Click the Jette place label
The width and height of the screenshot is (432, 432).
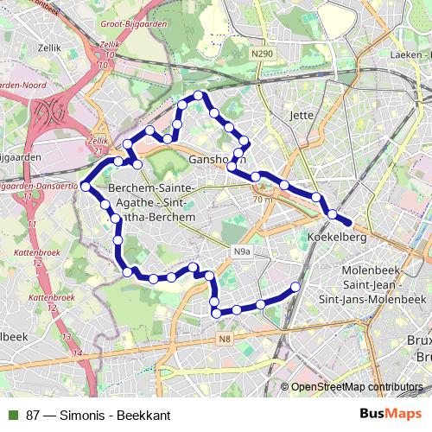tap(302, 114)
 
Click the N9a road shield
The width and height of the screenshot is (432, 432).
tap(244, 252)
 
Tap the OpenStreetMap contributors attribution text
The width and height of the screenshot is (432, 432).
tap(358, 387)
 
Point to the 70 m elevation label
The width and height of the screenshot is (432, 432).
tap(264, 200)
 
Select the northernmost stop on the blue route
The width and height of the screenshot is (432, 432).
tap(198, 95)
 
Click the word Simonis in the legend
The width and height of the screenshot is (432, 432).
tap(81, 416)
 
